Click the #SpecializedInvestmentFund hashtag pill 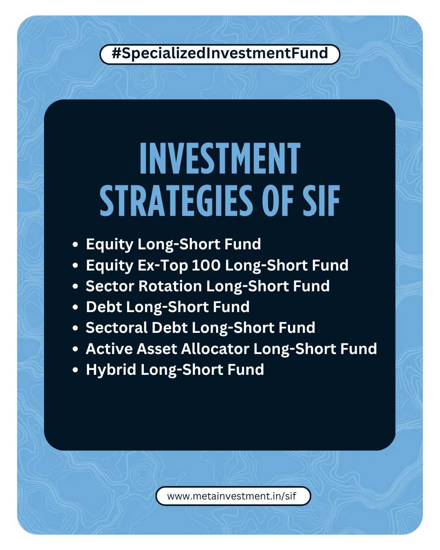pos(220,54)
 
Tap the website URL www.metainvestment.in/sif pos(233,496)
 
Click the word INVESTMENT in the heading pos(220,159)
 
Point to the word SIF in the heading pos(321,200)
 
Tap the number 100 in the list pos(206,265)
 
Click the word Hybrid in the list pos(111,370)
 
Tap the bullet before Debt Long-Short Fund pos(75,308)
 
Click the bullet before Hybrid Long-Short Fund pos(75,370)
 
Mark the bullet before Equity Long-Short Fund pos(75,245)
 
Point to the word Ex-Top pos(163,266)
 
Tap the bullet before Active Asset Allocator pos(75,350)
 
